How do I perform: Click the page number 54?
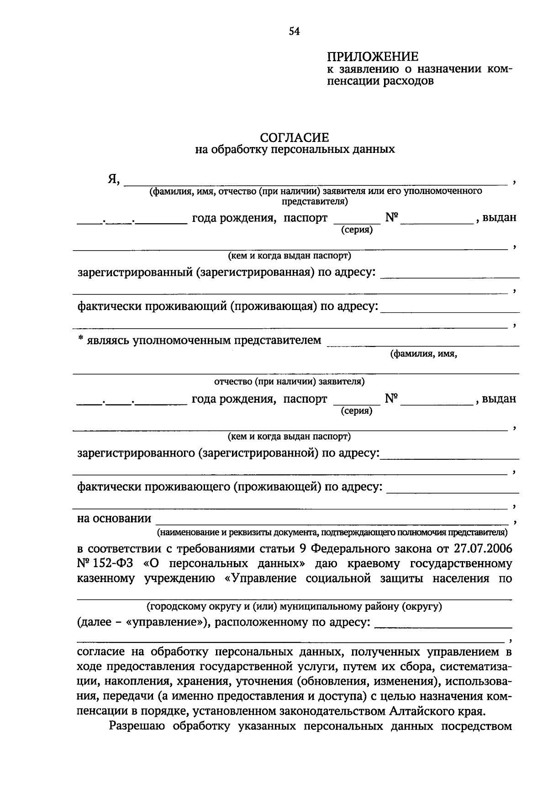[x=294, y=31]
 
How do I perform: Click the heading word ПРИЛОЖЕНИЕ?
[x=373, y=57]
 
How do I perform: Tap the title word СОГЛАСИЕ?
[x=295, y=137]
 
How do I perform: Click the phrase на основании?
[x=114, y=518]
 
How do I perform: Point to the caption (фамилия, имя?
[x=423, y=354]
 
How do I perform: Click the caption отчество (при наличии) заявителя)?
[x=289, y=381]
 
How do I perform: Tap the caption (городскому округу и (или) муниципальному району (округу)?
[x=294, y=607]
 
